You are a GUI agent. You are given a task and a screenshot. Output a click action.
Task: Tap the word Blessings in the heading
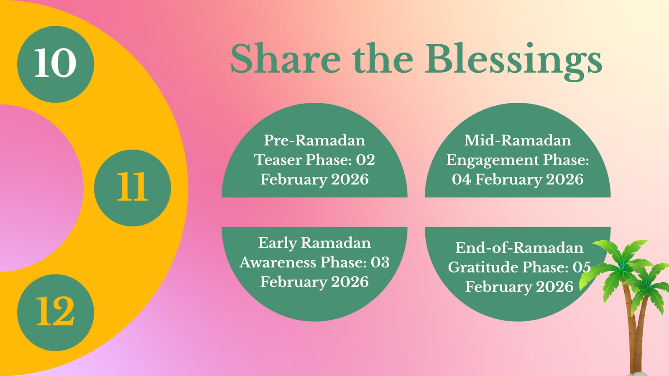(x=514, y=61)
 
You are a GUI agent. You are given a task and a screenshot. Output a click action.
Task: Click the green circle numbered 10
(x=56, y=64)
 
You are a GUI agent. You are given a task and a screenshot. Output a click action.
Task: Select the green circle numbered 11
(x=133, y=188)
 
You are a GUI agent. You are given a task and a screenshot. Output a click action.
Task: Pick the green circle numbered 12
(x=56, y=312)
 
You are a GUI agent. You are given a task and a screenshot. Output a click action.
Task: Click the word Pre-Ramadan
(x=314, y=140)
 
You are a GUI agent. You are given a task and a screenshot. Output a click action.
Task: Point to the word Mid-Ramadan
(x=518, y=140)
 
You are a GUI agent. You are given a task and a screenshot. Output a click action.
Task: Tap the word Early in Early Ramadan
(x=278, y=243)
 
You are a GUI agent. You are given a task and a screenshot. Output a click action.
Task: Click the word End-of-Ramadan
(x=519, y=248)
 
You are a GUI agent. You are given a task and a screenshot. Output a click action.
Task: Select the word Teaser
(x=278, y=160)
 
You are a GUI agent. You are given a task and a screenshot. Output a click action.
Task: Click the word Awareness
(x=278, y=263)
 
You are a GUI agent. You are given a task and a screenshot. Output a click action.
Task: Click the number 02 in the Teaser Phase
(x=365, y=160)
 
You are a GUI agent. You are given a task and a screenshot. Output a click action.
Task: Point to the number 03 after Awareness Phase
(x=380, y=263)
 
